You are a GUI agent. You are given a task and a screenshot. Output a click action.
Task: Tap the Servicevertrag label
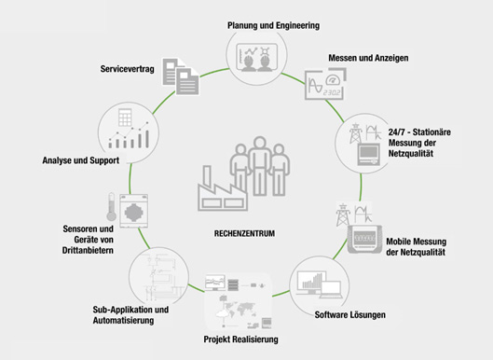click(x=128, y=70)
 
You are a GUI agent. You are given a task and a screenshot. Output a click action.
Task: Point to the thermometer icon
click(x=110, y=209)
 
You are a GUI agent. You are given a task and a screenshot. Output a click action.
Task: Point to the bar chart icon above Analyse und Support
click(x=130, y=141)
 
